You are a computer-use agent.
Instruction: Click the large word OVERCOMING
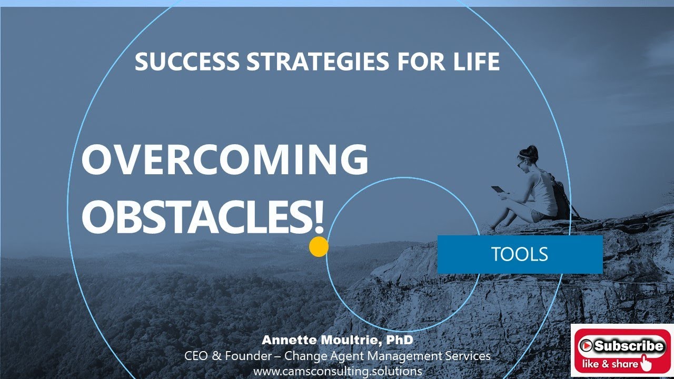[x=225, y=161]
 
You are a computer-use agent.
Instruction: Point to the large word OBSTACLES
[x=197, y=216]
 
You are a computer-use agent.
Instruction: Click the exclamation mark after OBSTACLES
[x=318, y=216]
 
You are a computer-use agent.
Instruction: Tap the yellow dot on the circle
[x=319, y=247]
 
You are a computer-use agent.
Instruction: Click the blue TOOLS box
[x=520, y=254]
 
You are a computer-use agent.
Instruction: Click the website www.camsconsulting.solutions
[x=338, y=371]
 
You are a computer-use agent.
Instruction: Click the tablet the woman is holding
[x=498, y=189]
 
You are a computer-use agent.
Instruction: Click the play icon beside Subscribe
[x=586, y=346]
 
